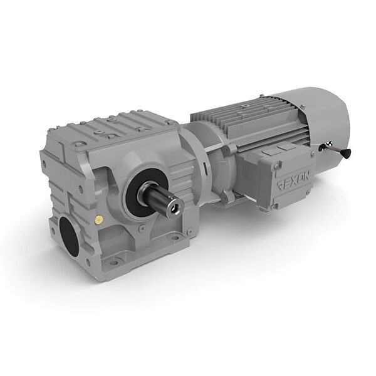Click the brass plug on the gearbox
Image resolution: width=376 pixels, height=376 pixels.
pyautogui.click(x=99, y=220)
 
